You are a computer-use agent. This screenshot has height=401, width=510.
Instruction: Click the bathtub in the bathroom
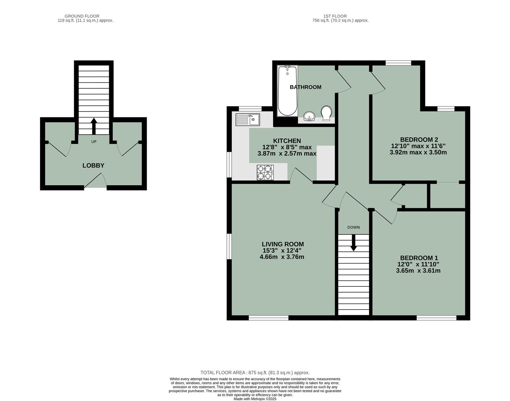[287, 91]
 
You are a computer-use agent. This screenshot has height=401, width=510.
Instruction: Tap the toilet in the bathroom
[326, 113]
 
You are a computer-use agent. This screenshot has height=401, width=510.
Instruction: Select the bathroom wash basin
[308, 117]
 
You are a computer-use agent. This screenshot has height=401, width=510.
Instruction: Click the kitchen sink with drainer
[248, 120]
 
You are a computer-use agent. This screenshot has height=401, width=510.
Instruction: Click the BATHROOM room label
[305, 87]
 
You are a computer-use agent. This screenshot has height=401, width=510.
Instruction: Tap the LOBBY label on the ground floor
[93, 166]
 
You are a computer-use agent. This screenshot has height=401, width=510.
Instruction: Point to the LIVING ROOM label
[283, 244]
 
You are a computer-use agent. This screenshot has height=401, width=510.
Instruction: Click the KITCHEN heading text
[287, 141]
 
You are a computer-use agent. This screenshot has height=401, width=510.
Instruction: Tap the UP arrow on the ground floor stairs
[94, 126]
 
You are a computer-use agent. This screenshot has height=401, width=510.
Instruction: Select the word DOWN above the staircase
[353, 227]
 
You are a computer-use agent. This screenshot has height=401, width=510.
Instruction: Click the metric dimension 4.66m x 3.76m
[282, 257]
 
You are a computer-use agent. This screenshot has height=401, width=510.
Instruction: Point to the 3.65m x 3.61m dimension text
[418, 271]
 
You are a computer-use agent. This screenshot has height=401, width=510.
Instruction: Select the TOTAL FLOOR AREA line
[255, 372]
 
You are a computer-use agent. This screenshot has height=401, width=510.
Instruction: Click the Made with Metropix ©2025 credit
[255, 399]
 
